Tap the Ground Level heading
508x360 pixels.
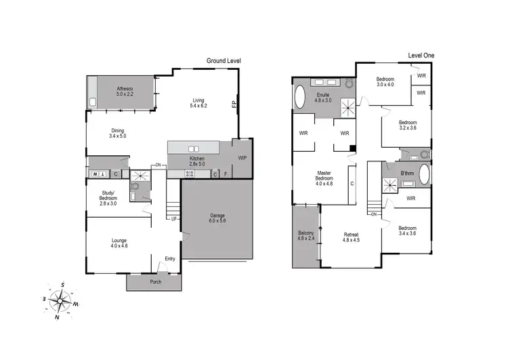click(224, 61)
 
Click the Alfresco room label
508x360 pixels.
click(124, 89)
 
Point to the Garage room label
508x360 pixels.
click(218, 217)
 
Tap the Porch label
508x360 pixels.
click(155, 282)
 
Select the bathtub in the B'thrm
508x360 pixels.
click(425, 175)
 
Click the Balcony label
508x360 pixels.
click(305, 234)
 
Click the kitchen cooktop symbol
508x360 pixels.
click(190, 174)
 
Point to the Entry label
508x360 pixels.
click(170, 258)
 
